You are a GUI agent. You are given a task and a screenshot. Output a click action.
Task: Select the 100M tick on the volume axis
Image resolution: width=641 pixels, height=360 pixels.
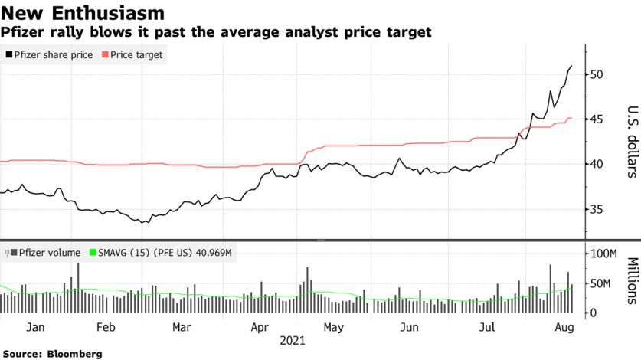coord(603,254)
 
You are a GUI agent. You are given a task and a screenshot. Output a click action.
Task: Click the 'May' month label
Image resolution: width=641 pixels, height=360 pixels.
coord(333,326)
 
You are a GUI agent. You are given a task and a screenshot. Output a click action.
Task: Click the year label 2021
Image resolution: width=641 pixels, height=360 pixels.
coord(295,339)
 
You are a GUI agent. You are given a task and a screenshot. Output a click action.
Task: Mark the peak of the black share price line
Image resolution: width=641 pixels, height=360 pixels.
coord(571,67)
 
